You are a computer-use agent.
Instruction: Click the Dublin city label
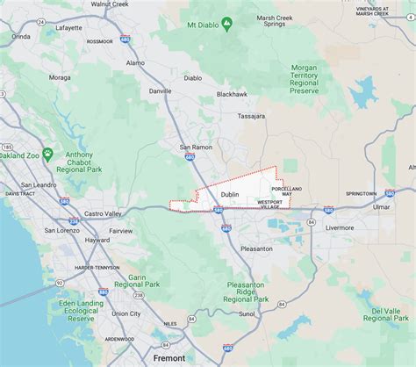(x=230, y=194)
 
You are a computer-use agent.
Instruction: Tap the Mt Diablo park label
(x=198, y=25)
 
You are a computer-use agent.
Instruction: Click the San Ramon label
(x=196, y=147)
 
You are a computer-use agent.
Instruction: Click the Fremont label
(x=169, y=358)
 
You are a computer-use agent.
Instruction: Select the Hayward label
(x=97, y=240)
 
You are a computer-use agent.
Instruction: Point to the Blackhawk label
(x=232, y=94)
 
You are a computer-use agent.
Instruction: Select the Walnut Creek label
(x=110, y=4)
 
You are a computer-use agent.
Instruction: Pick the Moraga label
(x=60, y=77)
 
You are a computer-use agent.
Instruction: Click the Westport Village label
(x=269, y=205)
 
